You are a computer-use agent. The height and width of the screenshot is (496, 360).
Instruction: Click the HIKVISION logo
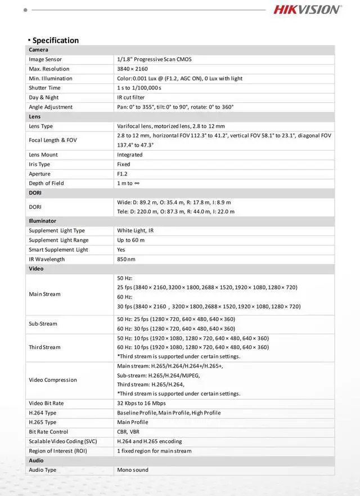pos(307,9)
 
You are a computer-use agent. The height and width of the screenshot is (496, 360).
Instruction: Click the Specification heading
pos(55,40)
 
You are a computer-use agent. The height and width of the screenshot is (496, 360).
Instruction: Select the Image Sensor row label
pos(46,59)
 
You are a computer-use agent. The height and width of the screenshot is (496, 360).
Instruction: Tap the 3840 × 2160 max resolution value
pos(133,69)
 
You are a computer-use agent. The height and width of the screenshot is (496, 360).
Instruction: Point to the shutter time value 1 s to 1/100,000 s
pos(139,88)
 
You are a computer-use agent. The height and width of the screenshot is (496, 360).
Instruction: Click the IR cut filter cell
pos(130,97)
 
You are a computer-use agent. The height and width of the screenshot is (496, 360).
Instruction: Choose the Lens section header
pos(35,116)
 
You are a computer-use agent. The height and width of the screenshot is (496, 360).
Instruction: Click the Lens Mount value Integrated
pos(130,155)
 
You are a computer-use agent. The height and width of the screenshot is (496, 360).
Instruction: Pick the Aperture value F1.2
pos(123,174)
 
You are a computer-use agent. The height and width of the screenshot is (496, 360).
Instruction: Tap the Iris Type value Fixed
pos(124,164)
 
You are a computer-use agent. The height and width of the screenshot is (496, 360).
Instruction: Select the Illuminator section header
pos(43,221)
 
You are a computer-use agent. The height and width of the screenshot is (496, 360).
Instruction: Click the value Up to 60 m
pos(131,240)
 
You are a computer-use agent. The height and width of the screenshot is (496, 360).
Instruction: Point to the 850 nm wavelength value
pos(127,259)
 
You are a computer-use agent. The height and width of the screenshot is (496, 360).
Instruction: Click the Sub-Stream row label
pos(43,323)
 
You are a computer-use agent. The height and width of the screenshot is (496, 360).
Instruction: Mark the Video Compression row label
pos(53,380)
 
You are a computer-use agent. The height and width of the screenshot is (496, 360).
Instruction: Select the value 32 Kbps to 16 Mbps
pos(141,403)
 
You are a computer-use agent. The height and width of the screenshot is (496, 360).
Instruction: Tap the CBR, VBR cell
pos(128,432)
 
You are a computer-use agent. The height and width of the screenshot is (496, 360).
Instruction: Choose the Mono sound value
pos(133,470)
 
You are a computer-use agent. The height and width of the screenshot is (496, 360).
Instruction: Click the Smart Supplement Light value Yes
pos(121,250)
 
